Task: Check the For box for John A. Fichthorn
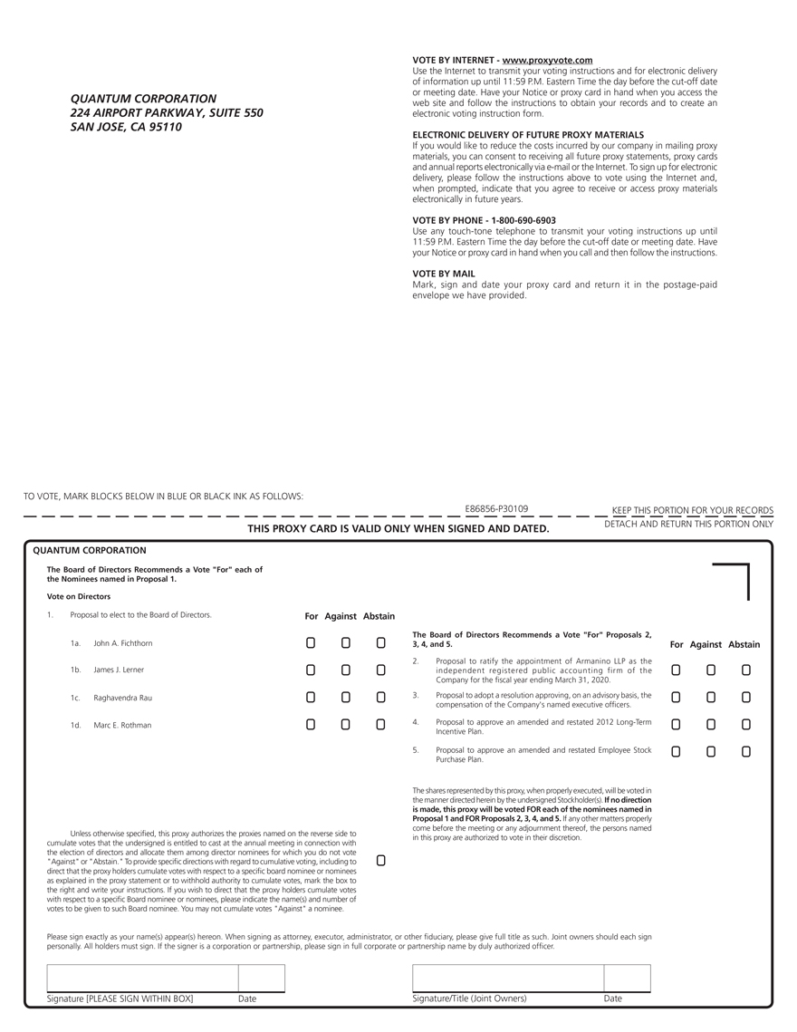click(x=311, y=643)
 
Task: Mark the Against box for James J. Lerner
click(x=346, y=670)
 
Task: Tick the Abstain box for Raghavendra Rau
click(x=381, y=698)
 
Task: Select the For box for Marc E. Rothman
click(x=311, y=725)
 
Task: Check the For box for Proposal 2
click(x=676, y=670)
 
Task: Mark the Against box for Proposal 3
click(x=711, y=698)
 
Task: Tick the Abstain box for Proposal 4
click(x=746, y=725)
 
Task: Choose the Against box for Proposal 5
click(x=711, y=752)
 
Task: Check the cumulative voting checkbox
click(x=380, y=860)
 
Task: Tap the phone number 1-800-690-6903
click(x=523, y=220)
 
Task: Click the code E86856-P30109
click(x=496, y=509)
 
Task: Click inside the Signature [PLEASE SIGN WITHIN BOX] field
click(x=142, y=979)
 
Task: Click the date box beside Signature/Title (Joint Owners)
click(x=627, y=979)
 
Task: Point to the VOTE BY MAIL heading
click(x=444, y=273)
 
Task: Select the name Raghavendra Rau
click(x=123, y=698)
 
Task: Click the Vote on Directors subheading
click(x=79, y=597)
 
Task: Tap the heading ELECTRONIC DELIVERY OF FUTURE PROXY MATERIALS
click(x=528, y=134)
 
